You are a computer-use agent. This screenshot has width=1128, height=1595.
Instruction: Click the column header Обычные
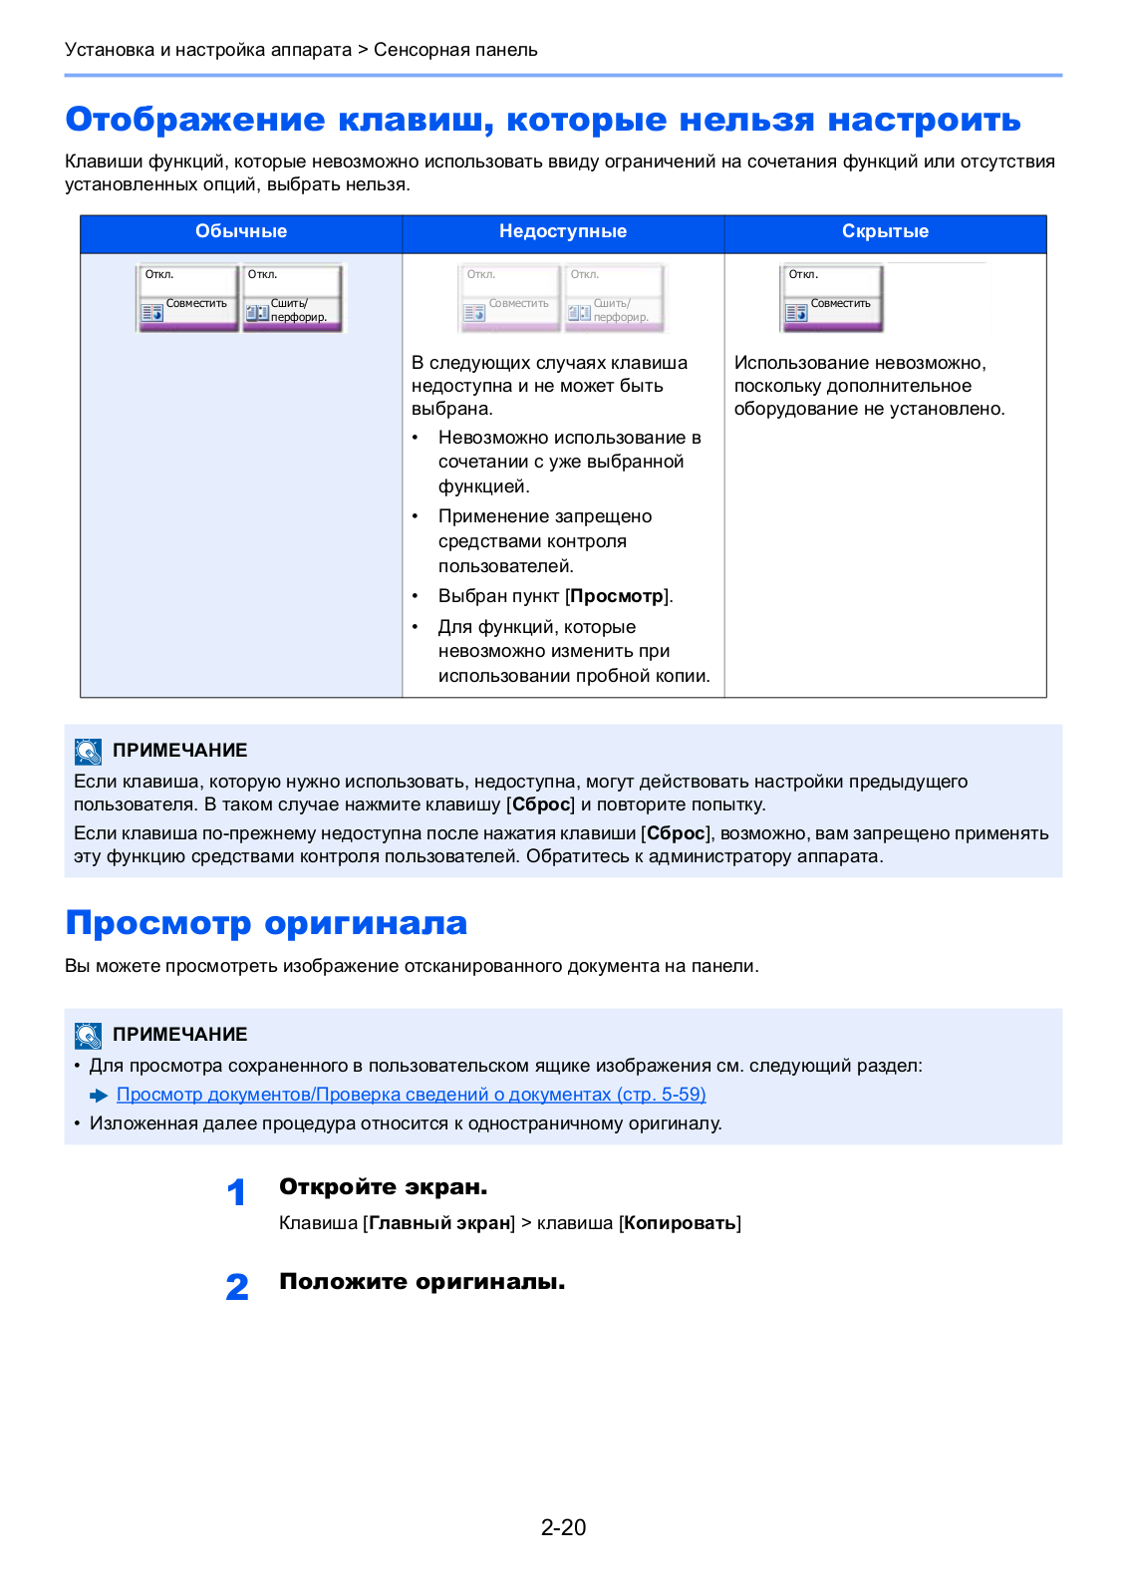point(241,231)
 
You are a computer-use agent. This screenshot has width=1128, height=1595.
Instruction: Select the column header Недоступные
point(563,231)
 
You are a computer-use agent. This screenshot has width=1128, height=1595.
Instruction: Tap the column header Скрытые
point(885,231)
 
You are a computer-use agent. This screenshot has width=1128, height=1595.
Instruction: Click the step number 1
point(236,1192)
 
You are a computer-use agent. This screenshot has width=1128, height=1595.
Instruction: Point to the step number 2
point(237,1287)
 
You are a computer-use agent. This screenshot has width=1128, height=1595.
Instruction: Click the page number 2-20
point(563,1527)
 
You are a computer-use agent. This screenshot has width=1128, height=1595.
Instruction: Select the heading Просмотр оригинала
point(266,923)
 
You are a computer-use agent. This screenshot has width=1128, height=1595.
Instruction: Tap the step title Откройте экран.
point(383,1187)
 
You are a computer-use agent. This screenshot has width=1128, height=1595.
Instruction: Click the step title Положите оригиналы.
point(422,1282)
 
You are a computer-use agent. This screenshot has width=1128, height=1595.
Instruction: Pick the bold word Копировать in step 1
point(681,1223)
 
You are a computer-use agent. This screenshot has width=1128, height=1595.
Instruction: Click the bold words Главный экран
point(439,1223)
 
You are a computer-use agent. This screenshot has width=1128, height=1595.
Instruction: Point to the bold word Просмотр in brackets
point(617,596)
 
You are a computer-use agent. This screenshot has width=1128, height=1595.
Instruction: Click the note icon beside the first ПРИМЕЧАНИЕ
point(88,751)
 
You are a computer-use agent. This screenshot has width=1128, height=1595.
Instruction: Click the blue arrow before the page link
point(99,1096)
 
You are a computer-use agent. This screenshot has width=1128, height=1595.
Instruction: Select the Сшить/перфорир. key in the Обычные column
point(292,297)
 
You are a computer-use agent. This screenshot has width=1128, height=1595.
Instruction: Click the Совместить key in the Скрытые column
point(832,297)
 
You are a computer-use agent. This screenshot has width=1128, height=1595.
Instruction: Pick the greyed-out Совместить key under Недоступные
point(510,297)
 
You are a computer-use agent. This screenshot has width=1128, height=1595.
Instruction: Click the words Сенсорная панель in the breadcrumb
point(455,50)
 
